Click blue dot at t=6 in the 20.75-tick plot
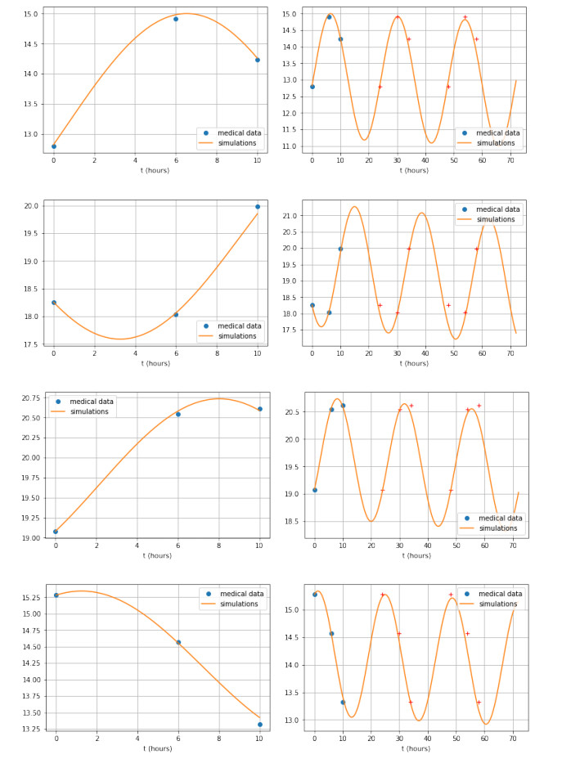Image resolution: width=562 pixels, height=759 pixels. [178, 414]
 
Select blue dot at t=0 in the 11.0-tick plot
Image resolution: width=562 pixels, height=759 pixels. [312, 87]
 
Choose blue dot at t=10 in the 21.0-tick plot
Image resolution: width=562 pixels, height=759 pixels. [340, 249]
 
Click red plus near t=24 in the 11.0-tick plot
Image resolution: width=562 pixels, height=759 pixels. [380, 87]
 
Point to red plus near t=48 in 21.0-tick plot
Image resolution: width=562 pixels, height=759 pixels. [448, 305]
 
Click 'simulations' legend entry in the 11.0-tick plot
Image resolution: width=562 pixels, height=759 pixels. [496, 143]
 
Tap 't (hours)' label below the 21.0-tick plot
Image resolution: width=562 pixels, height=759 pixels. [416, 363]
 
